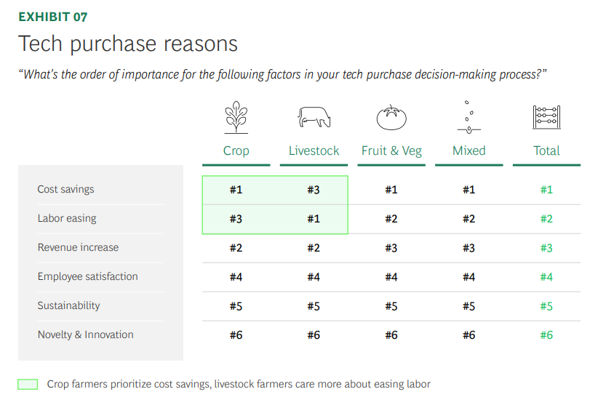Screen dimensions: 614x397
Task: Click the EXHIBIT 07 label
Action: [53, 17]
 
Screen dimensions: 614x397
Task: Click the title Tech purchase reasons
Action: [127, 44]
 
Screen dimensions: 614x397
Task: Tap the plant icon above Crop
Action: [236, 117]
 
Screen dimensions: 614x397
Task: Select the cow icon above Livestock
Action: [314, 117]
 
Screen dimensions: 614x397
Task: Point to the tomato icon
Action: [391, 117]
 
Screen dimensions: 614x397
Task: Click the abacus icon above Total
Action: [546, 117]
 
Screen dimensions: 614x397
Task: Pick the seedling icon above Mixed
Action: [469, 117]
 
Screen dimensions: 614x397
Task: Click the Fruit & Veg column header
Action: [391, 151]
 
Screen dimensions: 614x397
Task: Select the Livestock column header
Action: [314, 151]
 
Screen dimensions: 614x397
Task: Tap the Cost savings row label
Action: [65, 189]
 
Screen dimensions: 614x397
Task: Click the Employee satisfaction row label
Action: [88, 276]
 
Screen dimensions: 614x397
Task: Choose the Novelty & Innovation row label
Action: [85, 334]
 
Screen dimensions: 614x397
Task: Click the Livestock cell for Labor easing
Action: [314, 218]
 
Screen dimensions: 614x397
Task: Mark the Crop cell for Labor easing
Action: [236, 218]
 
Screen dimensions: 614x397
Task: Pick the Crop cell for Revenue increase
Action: [236, 248]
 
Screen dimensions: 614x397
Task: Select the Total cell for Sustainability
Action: [546, 306]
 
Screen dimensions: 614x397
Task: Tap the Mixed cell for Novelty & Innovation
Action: [469, 334]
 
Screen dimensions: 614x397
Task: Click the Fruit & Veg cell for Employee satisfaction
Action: [391, 277]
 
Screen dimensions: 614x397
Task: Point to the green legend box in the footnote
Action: [28, 385]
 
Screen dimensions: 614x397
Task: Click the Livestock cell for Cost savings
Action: [314, 190]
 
